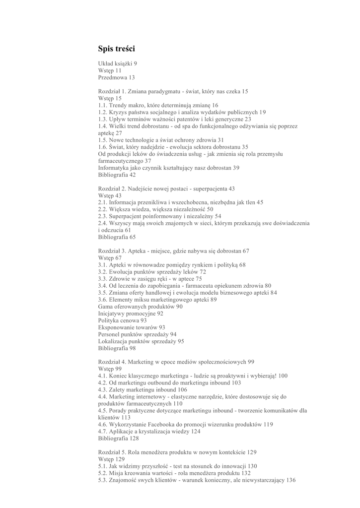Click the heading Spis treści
pos(116,49)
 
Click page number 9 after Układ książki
pos(135,64)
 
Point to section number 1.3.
pos(103,120)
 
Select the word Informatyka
pos(114,168)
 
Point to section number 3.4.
pos(103,286)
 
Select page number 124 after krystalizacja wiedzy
pos(196,432)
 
